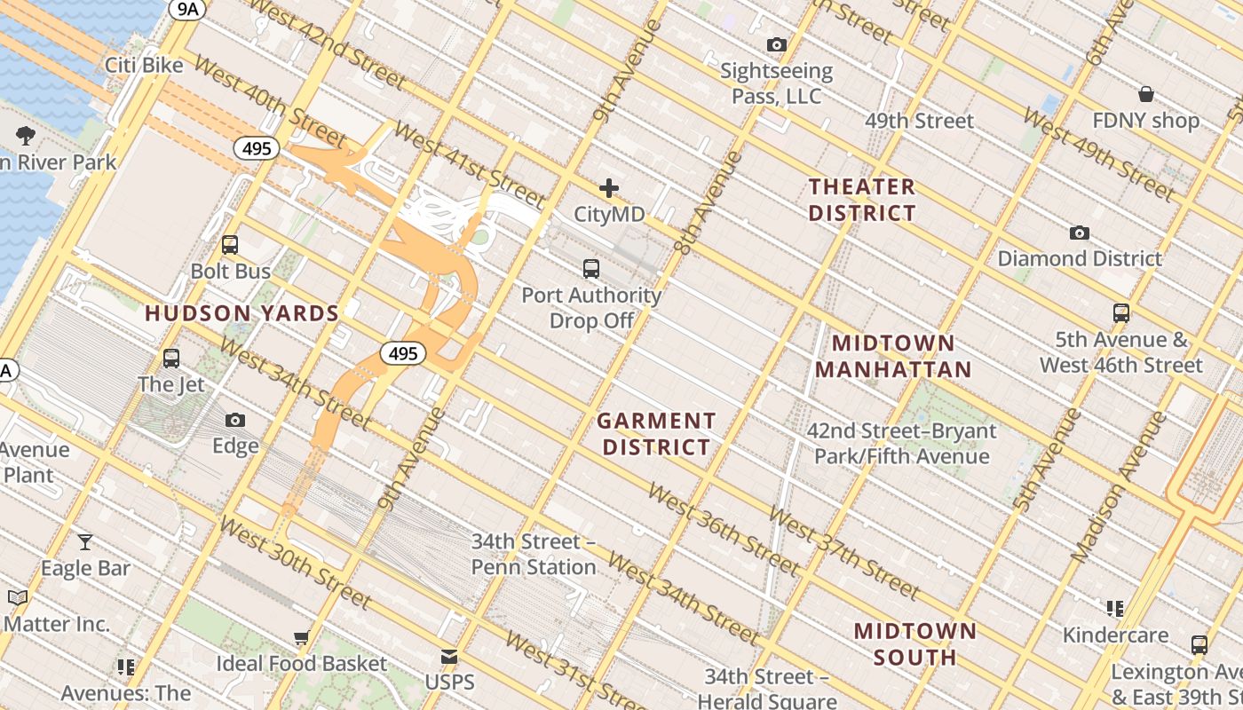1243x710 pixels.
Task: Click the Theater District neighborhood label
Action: [x=861, y=200]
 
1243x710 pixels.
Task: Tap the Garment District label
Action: [x=656, y=434]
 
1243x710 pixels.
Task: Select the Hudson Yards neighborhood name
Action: [x=242, y=313]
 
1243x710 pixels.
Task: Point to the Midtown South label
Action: [x=914, y=644]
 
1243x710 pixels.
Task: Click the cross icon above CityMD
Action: [x=608, y=188]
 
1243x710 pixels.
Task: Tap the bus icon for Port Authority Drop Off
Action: [x=590, y=268]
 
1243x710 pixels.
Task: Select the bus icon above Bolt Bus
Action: [x=230, y=245]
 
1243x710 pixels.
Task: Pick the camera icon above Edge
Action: [x=234, y=420]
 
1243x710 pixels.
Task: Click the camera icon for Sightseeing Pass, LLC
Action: [x=776, y=44]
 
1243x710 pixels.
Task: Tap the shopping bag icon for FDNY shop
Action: [x=1145, y=94]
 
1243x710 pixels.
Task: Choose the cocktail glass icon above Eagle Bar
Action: [x=85, y=541]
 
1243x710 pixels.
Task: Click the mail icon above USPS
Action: [x=449, y=658]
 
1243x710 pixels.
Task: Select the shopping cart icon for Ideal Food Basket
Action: [x=301, y=637]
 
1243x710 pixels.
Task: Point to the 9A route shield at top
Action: [x=187, y=9]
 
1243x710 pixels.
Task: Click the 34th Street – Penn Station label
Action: [x=534, y=554]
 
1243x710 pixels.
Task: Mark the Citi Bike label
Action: [x=144, y=66]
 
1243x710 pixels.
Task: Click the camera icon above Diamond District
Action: [x=1079, y=233]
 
